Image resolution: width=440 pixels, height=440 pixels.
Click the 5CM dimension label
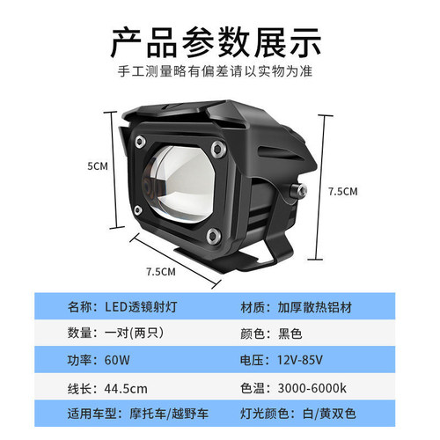98,166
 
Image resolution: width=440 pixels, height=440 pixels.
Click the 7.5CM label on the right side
343,192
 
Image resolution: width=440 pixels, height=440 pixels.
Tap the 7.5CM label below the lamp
161,272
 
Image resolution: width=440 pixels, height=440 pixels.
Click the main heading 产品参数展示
216,42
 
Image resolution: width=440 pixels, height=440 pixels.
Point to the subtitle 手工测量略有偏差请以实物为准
215,71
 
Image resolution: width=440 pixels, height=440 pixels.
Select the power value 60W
117,360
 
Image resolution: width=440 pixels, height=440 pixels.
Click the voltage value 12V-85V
300,360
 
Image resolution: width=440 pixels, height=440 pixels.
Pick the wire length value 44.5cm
126,389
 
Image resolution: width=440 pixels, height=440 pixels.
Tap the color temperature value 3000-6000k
312,388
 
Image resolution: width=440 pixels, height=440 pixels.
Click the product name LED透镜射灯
141,307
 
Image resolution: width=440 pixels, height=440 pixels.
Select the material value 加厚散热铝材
315,307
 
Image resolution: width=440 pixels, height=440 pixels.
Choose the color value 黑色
290,334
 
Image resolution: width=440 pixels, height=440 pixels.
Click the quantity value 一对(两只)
135,333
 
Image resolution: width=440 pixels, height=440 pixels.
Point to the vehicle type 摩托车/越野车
169,414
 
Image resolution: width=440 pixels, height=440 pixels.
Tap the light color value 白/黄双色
329,414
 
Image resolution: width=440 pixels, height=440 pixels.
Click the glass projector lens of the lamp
178,183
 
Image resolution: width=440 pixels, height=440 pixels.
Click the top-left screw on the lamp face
140,142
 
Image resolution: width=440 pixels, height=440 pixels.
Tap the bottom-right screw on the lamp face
213,236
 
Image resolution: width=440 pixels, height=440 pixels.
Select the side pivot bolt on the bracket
298,191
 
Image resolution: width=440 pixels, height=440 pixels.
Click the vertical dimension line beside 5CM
113,170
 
